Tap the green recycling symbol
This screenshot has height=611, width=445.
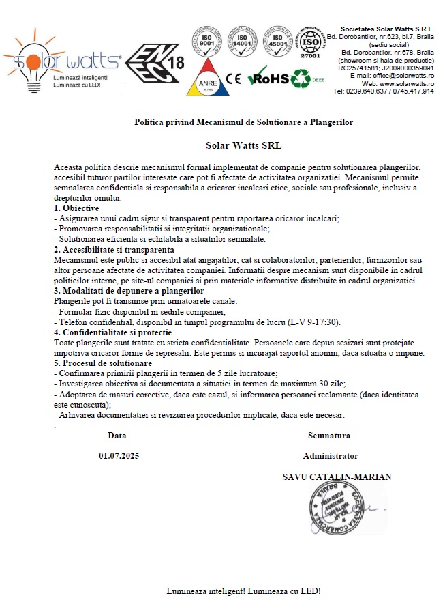coord(301,79)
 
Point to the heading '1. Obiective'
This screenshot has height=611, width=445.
coord(76,208)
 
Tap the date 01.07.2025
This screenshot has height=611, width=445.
coord(118,456)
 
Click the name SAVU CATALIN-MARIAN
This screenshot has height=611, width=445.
coord(337,477)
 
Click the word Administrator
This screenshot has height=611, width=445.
coord(331,456)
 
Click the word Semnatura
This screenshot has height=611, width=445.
coord(329,435)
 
